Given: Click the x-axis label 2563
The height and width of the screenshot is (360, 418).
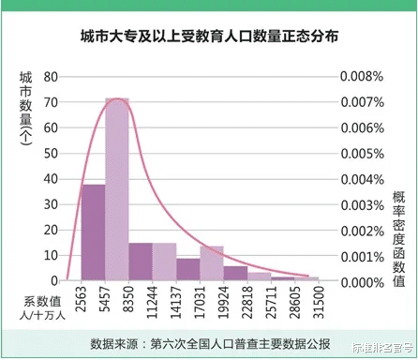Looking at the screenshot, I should (x=82, y=305).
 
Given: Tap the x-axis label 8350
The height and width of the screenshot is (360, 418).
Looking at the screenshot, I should (x=129, y=305).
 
